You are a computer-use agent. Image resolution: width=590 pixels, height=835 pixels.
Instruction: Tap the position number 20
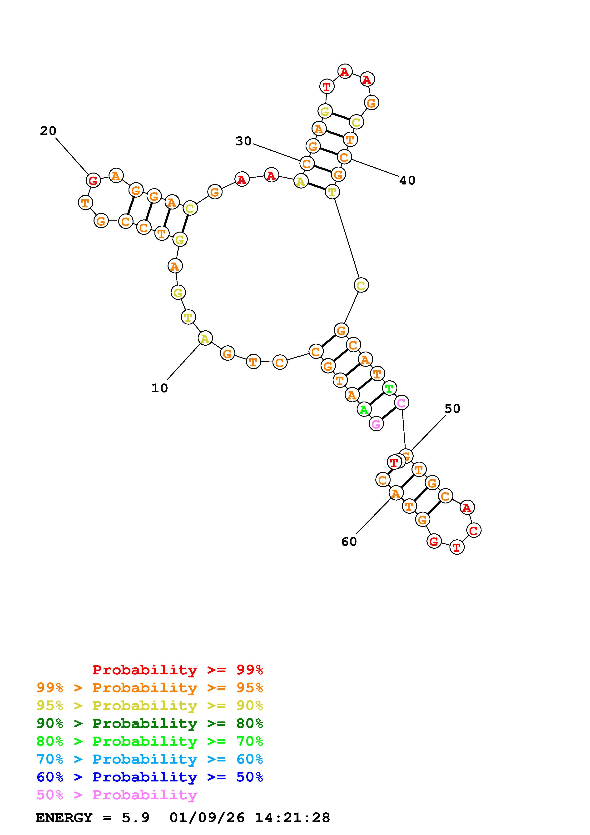click(48, 131)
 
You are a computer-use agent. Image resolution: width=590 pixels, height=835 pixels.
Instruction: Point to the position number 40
click(407, 180)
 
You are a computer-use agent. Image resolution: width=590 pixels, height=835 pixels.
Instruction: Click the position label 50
click(452, 409)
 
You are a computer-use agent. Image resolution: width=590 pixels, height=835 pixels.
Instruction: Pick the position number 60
click(349, 542)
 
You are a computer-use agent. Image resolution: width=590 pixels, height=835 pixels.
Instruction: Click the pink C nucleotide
click(401, 403)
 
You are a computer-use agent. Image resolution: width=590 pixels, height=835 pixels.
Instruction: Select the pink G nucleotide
click(376, 424)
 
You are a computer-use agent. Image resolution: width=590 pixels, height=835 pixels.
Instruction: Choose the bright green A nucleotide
click(363, 410)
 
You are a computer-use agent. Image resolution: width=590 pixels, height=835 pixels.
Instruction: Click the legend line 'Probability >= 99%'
click(178, 670)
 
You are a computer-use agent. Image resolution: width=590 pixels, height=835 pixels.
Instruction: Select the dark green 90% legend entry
click(150, 724)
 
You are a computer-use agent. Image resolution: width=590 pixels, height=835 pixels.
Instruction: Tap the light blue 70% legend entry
click(150, 759)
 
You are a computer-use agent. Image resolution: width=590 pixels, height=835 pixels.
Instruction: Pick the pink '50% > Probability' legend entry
click(117, 795)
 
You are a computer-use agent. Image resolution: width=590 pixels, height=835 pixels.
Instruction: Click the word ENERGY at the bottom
click(64, 818)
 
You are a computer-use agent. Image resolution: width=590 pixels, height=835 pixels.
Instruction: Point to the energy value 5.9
click(136, 818)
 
